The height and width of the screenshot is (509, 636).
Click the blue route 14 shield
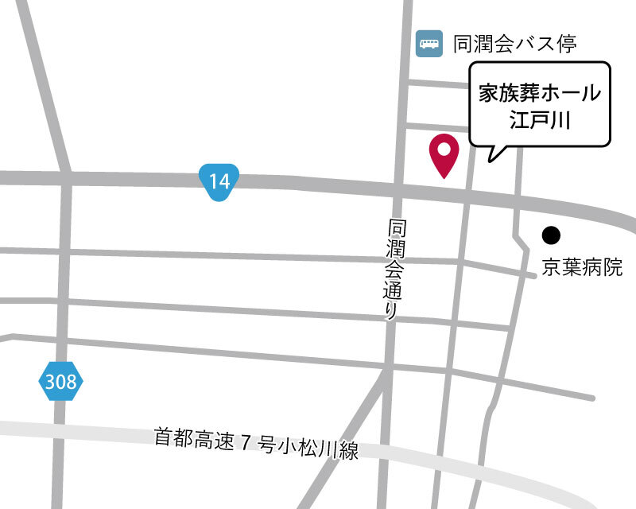point(219,182)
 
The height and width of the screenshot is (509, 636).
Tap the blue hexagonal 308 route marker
point(60,382)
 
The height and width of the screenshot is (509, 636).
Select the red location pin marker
point(443,154)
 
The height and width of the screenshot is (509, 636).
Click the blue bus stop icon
point(429,43)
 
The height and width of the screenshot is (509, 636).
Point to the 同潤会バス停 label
point(514,43)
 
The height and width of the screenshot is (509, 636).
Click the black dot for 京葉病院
point(550,235)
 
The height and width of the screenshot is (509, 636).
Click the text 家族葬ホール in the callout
point(539,92)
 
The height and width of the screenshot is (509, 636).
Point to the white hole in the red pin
point(443,148)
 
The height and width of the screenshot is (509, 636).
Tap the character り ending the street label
point(391,312)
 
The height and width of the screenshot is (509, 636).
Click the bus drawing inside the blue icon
point(429,43)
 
